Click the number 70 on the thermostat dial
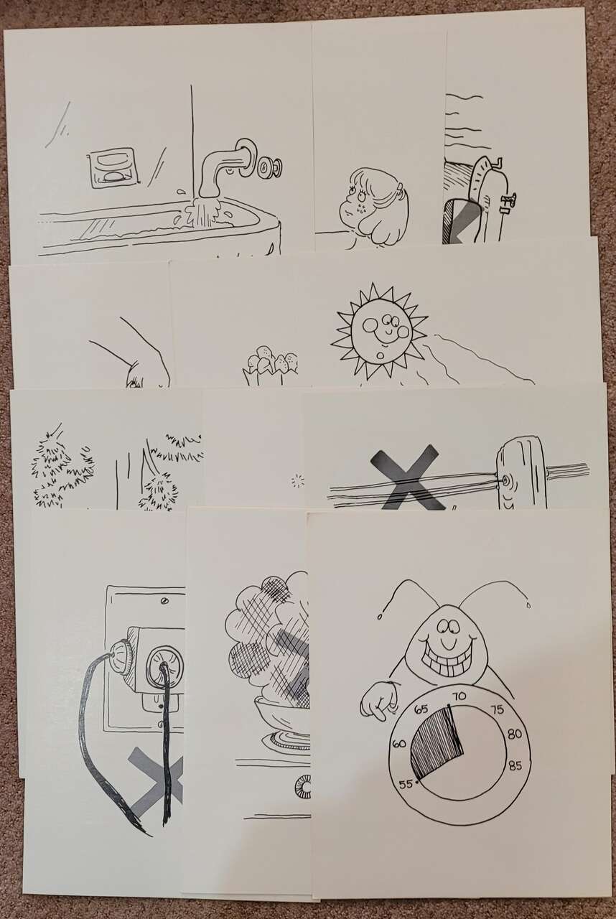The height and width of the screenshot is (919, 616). click(459, 696)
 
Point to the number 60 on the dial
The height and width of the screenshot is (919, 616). click(399, 742)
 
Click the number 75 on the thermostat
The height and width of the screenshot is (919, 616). click(497, 709)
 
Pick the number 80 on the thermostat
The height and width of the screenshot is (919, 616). click(514, 734)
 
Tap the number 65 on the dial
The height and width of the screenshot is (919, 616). click(421, 709)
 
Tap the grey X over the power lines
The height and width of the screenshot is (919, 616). click(407, 477)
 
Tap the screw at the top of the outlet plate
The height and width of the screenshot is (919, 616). click(165, 601)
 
